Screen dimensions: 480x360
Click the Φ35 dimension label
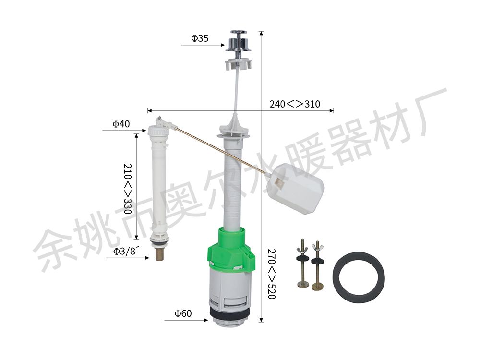click(200, 38)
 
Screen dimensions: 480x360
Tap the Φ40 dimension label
click(121, 124)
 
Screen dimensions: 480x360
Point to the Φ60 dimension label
click(183, 313)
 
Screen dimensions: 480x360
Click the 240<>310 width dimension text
click(295, 104)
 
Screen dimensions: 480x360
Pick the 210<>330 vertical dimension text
click(128, 189)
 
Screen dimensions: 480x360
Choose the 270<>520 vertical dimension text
click(272, 274)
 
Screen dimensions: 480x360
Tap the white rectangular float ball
click(295, 188)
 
